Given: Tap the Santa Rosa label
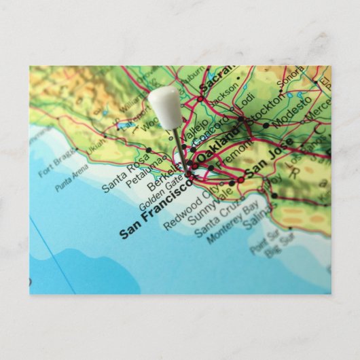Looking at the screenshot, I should [x=125, y=174].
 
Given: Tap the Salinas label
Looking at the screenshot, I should [x=258, y=215].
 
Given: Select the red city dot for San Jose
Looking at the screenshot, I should [x=240, y=180].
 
